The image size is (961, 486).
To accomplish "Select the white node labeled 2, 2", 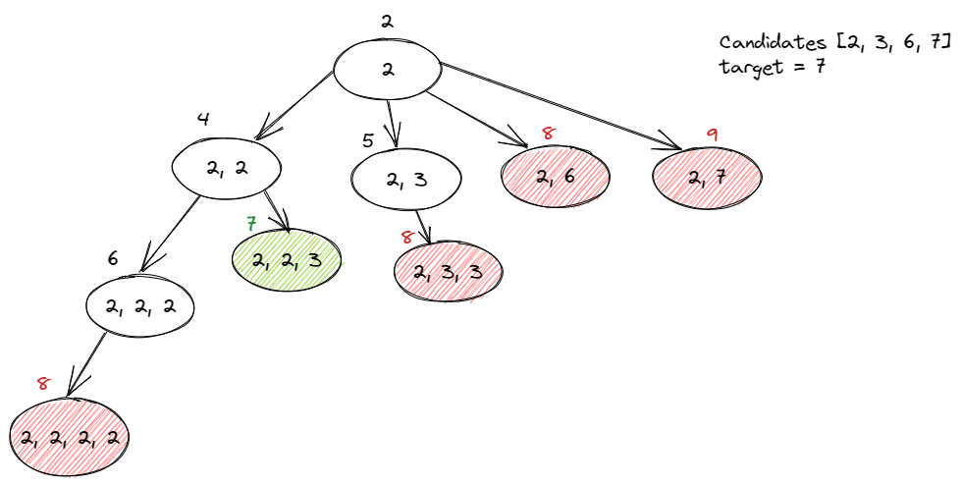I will (x=227, y=168).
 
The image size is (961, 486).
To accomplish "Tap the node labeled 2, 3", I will (x=405, y=179).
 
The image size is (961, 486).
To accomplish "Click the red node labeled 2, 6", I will (x=556, y=177).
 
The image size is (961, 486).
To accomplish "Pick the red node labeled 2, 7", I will (x=707, y=178).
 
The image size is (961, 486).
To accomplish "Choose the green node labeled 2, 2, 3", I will (x=287, y=260).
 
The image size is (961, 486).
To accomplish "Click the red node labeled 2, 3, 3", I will (x=448, y=271).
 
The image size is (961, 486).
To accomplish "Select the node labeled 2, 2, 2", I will (x=139, y=307).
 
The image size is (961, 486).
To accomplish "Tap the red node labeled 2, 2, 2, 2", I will (x=70, y=437).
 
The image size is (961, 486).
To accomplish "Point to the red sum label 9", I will (x=712, y=135).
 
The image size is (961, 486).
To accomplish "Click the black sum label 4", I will (x=203, y=120).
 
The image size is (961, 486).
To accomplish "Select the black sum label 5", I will (x=367, y=140).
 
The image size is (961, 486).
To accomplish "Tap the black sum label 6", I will (x=113, y=259).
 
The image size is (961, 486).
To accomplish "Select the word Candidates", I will (x=771, y=42).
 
